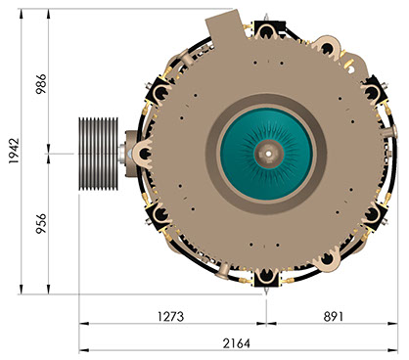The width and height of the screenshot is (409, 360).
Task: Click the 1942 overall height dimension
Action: click(x=14, y=151)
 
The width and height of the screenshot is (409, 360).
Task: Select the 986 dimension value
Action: click(x=41, y=84)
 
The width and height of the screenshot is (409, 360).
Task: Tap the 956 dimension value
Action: click(x=41, y=224)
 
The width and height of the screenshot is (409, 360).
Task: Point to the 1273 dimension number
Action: click(x=170, y=316)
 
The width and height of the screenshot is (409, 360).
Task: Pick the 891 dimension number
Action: click(x=334, y=316)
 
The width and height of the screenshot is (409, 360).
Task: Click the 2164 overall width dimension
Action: click(x=237, y=343)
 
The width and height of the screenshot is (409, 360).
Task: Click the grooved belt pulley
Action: click(x=98, y=154)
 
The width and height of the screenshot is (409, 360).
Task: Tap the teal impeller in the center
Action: click(x=267, y=154)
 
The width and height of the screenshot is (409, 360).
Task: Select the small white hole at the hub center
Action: click(x=268, y=153)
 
